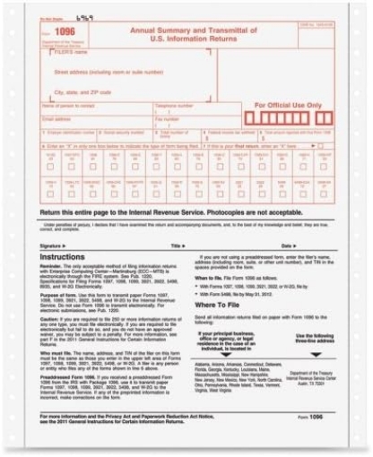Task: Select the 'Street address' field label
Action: pyautogui.click(x=107, y=71)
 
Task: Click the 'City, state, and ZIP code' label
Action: pyautogui.click(x=82, y=91)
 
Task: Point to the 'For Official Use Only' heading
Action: pyautogui.click(x=287, y=106)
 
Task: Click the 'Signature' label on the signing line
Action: pyautogui.click(x=52, y=245)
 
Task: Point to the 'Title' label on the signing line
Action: pyautogui.click(x=177, y=245)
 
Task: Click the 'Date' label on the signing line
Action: pyautogui.click(x=287, y=245)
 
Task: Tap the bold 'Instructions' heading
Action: pyautogui.click(x=62, y=256)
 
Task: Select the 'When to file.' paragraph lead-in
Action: pyautogui.click(x=212, y=279)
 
